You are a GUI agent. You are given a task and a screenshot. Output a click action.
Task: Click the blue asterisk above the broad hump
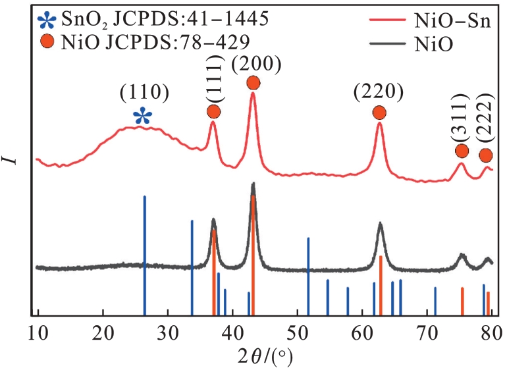(142, 117)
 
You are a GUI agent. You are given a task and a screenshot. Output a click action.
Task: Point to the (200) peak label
(256, 64)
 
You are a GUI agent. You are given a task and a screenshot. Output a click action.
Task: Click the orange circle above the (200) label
(253, 82)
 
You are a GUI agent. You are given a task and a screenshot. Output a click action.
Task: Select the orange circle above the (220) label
(379, 113)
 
